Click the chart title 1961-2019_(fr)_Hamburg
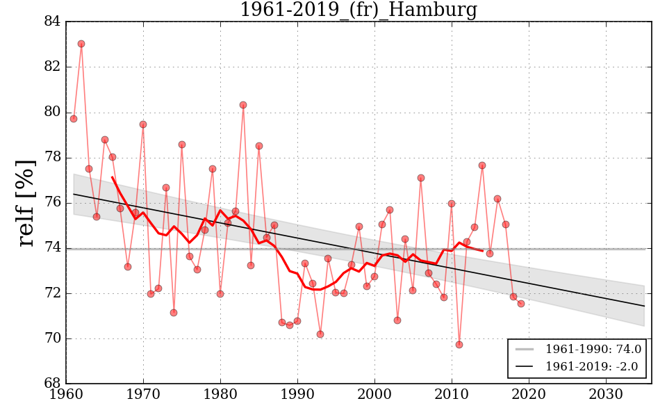pyautogui.click(x=358, y=10)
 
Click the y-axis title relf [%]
pyautogui.click(x=26, y=202)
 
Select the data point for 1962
pyautogui.click(x=81, y=44)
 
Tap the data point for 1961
pyautogui.click(x=74, y=119)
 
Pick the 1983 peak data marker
pyautogui.click(x=243, y=105)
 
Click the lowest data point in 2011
pyautogui.click(x=459, y=345)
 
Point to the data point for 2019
pyautogui.click(x=521, y=304)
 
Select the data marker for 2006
pyautogui.click(x=421, y=178)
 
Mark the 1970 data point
pyautogui.click(x=143, y=124)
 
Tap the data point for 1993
pyautogui.click(x=320, y=334)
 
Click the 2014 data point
pyautogui.click(x=482, y=165)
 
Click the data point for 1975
pyautogui.click(x=182, y=145)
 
